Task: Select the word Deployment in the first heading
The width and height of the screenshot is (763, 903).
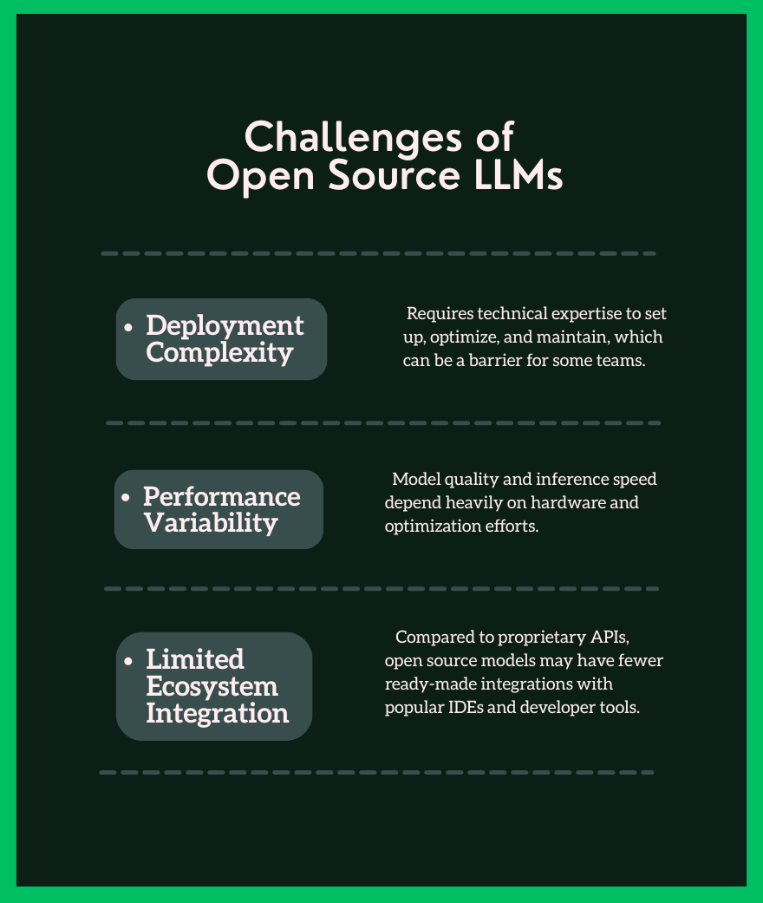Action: click(x=225, y=325)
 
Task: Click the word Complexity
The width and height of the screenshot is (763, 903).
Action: click(x=219, y=353)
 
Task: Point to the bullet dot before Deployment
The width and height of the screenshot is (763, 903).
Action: click(x=129, y=328)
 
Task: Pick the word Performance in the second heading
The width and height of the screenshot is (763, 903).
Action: click(x=221, y=497)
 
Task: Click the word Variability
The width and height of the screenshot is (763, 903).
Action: click(x=211, y=524)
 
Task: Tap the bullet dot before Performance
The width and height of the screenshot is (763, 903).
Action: click(x=127, y=499)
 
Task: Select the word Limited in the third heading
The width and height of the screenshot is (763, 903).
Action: click(x=194, y=659)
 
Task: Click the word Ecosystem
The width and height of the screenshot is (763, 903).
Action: click(x=212, y=686)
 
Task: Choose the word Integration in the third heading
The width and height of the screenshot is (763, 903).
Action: click(x=217, y=713)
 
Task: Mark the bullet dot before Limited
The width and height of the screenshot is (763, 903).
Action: click(x=129, y=661)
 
